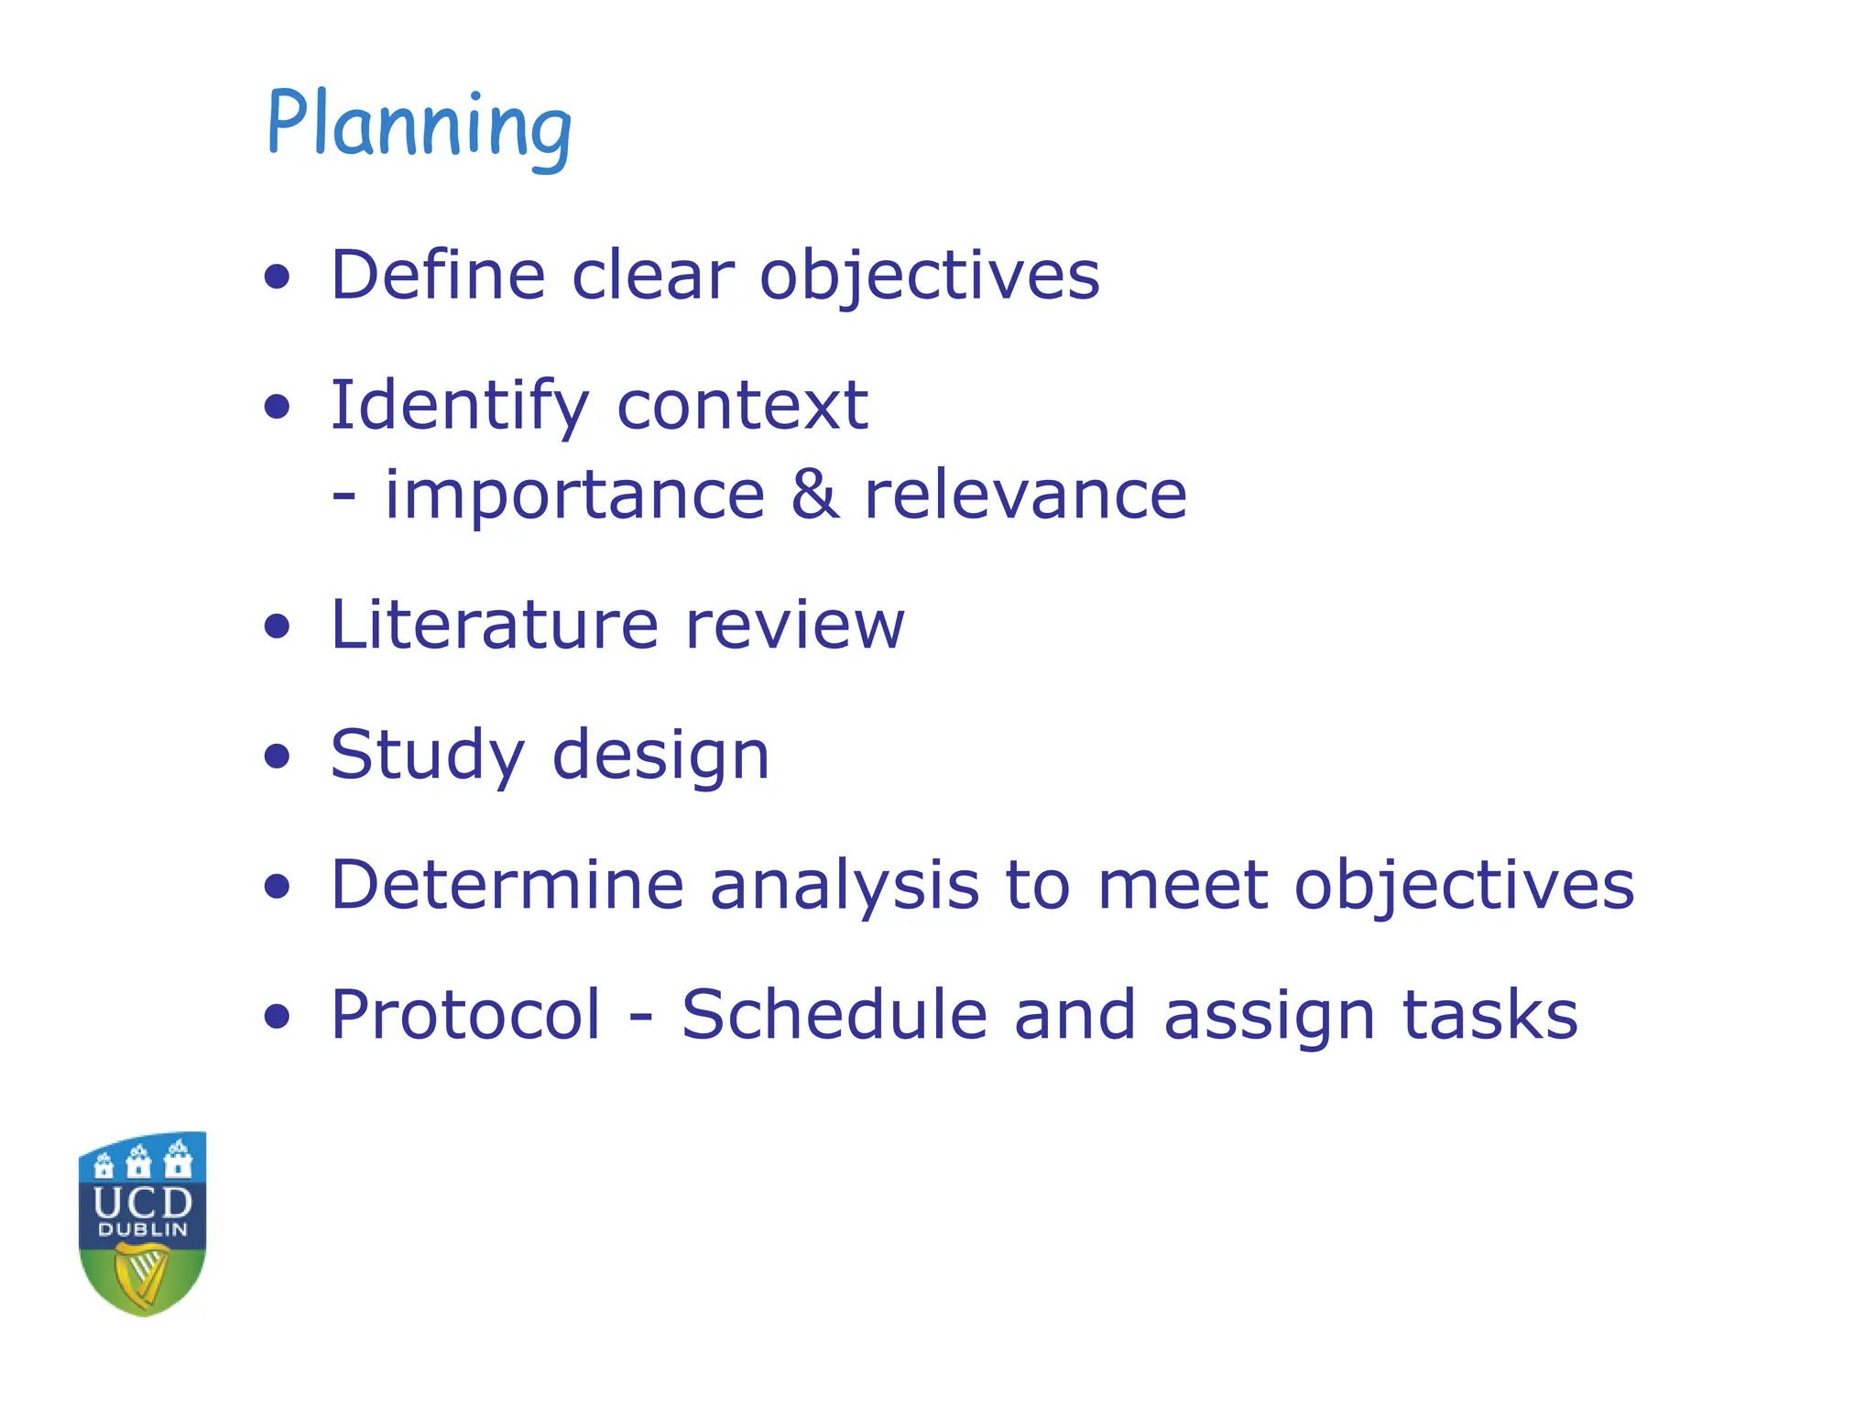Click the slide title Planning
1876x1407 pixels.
(420, 126)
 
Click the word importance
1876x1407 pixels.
(574, 495)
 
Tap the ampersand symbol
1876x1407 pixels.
(814, 495)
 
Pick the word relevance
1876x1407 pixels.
(1025, 495)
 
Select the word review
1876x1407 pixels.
(794, 625)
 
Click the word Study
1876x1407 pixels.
(428, 757)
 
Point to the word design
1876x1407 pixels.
(660, 757)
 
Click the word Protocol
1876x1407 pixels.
(465, 1015)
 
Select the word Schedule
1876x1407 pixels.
(834, 1015)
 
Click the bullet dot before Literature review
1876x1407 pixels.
(277, 627)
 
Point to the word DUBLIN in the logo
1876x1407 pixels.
(143, 1229)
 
